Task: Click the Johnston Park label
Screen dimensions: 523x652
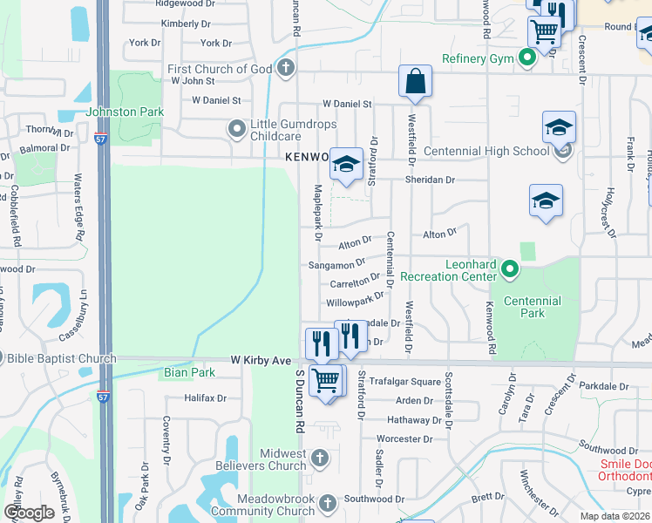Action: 125,112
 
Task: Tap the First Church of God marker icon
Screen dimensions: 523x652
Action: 285,69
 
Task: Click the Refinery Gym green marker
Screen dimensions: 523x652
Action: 526,59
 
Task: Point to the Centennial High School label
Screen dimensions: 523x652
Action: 486,151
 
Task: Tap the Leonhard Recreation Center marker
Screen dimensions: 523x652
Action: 510,270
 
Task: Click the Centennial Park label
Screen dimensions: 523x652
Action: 532,307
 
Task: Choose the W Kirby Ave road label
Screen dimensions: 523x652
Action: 260,360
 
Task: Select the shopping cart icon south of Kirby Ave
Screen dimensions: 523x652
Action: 325,380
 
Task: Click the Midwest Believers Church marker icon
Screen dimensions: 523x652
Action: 320,458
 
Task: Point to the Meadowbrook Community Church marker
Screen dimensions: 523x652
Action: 328,503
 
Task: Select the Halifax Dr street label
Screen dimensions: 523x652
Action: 205,398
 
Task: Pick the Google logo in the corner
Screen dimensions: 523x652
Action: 30,513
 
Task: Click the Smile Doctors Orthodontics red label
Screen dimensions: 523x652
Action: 624,470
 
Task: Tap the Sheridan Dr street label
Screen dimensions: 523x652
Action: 429,180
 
